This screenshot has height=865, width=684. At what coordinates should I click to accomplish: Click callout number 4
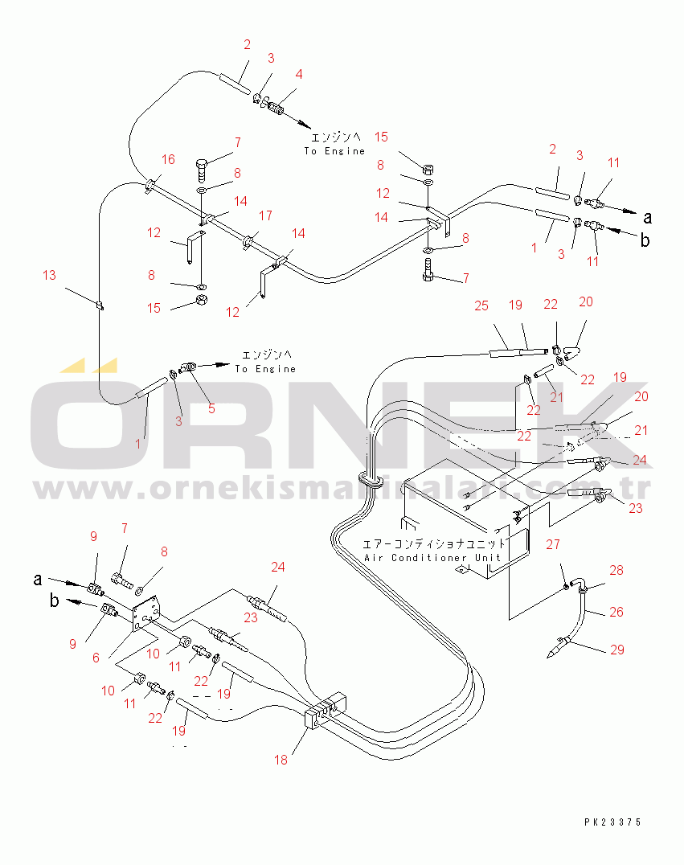tap(299, 74)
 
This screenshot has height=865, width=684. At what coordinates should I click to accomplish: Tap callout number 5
tap(211, 408)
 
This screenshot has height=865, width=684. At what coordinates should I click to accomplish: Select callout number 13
tap(50, 276)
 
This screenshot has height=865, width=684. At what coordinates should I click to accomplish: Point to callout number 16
tap(167, 159)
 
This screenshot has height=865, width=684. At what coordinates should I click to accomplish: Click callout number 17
tap(265, 215)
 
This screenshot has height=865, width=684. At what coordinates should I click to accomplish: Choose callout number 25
tap(481, 305)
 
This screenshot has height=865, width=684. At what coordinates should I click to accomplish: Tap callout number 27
tap(552, 545)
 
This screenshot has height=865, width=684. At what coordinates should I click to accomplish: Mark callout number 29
tap(616, 650)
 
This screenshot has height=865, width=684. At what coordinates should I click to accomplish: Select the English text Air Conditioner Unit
tap(432, 557)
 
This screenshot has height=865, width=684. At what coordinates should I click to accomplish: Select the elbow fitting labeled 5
tap(187, 367)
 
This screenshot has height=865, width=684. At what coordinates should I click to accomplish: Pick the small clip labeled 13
tap(99, 305)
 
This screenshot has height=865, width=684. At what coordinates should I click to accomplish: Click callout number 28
tap(616, 571)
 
